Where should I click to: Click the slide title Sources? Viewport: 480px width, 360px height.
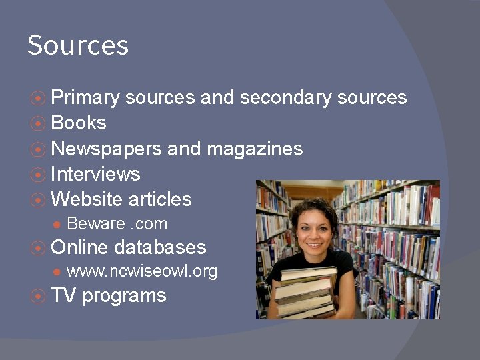[x=78, y=45]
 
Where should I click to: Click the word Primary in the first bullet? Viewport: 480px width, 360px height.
[x=85, y=98]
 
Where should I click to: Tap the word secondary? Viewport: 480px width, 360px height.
[x=286, y=98]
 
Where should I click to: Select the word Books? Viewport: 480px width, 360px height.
[x=79, y=123]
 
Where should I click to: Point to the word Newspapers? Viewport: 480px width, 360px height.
[x=106, y=148]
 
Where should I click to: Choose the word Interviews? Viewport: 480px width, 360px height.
[x=95, y=174]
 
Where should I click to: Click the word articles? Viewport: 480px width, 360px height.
[x=160, y=199]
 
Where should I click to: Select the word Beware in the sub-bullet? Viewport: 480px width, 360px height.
[x=95, y=224]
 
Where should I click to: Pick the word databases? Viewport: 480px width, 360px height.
[x=160, y=247]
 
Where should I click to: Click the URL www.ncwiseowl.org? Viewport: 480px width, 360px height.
[x=142, y=272]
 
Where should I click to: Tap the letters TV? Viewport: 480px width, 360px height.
[x=63, y=295]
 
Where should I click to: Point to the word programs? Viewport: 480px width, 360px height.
[x=124, y=296]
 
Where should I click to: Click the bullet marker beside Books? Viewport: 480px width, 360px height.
[x=39, y=123]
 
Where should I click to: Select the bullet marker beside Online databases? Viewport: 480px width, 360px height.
[x=39, y=248]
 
